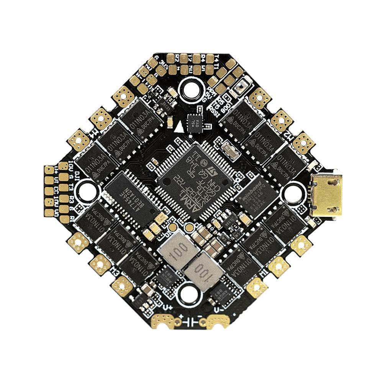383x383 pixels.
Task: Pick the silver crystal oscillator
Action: (x=230, y=147)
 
